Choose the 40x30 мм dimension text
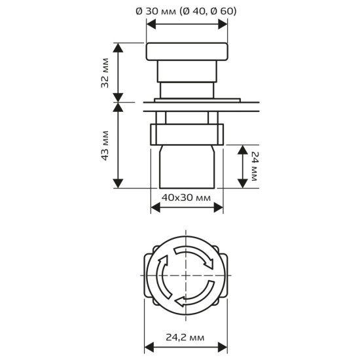(186, 197)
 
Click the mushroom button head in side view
(187, 52)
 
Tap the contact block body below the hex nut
(187, 167)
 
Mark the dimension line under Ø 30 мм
(187, 23)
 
